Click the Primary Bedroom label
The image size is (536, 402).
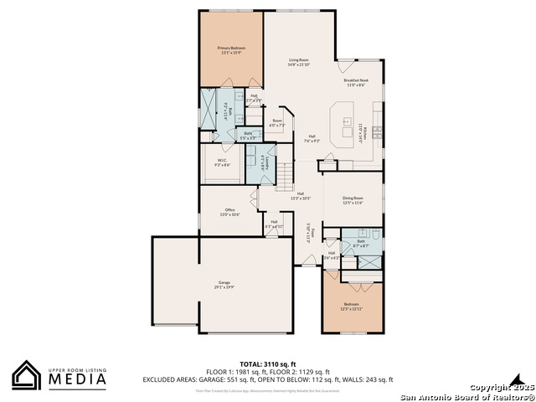pos(230,49)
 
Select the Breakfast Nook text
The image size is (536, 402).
pos(356,80)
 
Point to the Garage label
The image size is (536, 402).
pos(224,282)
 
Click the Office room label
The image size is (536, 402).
pos(229,209)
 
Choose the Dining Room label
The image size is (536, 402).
pos(353,198)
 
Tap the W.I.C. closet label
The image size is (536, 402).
pos(222,160)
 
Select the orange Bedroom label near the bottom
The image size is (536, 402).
pos(351,304)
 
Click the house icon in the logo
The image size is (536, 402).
pos(26,375)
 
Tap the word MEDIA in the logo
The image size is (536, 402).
pos(76,379)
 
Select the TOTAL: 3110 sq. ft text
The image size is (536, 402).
pos(268,364)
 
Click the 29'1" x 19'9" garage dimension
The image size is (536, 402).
pos(224,287)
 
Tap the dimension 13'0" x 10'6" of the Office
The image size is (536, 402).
pos(229,215)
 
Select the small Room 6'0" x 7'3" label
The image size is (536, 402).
pos(277,123)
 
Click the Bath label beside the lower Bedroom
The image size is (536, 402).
pos(361,240)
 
